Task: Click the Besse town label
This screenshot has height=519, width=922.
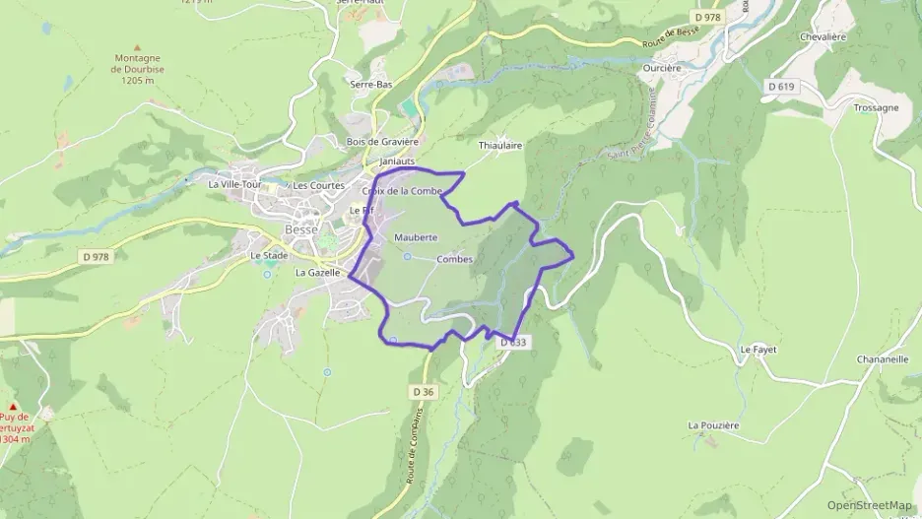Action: click(x=300, y=229)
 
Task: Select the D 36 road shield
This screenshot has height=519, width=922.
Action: click(x=424, y=391)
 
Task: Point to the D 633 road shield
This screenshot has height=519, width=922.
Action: click(x=514, y=343)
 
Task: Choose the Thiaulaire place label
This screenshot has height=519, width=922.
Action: click(x=499, y=145)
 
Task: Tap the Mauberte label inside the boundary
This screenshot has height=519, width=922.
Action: click(x=415, y=238)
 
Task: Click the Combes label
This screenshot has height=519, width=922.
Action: click(x=454, y=260)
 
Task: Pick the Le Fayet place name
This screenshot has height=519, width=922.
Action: click(x=759, y=349)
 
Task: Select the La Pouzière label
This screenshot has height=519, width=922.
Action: click(x=714, y=424)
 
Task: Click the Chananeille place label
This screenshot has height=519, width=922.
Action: click(x=855, y=359)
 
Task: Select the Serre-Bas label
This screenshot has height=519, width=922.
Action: click(x=371, y=85)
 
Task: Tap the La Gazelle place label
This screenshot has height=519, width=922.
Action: click(x=317, y=273)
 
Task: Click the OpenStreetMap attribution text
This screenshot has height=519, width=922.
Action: click(x=869, y=505)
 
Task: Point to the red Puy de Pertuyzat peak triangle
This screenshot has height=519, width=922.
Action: click(x=15, y=406)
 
